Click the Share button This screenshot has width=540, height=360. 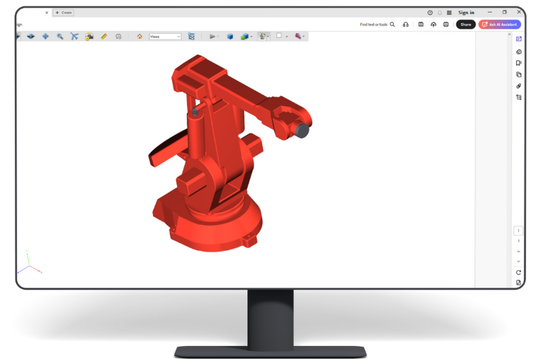[x=465, y=24]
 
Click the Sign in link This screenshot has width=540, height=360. [x=466, y=13]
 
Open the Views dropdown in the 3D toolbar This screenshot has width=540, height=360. [x=165, y=37]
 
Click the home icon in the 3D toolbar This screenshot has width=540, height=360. [x=139, y=37]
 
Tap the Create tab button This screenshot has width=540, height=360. [x=64, y=13]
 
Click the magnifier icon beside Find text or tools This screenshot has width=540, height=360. [x=392, y=25]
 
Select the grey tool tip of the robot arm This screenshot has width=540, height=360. [x=302, y=130]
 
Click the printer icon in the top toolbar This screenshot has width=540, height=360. [x=445, y=25]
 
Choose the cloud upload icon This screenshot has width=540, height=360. [x=433, y=25]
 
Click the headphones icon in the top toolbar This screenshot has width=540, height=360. [x=406, y=25]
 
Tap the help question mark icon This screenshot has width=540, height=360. [x=430, y=13]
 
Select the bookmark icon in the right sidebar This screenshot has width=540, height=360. [x=519, y=63]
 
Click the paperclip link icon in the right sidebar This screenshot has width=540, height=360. [x=519, y=86]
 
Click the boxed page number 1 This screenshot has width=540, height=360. [x=519, y=231]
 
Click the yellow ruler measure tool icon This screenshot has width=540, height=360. [x=104, y=37]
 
